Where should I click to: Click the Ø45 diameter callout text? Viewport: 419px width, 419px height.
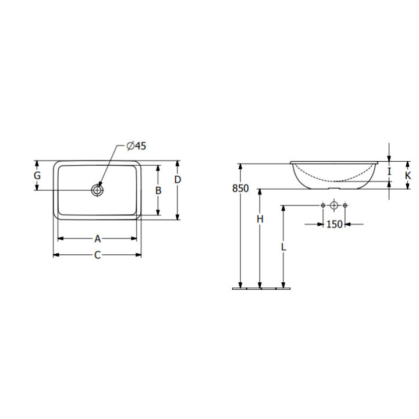[x=136, y=146]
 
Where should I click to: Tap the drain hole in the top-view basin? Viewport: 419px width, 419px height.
[x=97, y=190]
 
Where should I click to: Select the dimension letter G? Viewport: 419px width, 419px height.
[x=37, y=176]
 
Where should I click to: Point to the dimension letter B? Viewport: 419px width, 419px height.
[x=158, y=190]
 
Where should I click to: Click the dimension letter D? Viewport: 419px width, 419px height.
[x=177, y=180]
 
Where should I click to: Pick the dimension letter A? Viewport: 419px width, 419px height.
[x=98, y=239]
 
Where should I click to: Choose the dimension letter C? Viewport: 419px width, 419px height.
[x=97, y=255]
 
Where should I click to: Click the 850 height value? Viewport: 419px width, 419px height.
[x=240, y=189]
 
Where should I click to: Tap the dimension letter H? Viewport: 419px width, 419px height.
[x=260, y=219]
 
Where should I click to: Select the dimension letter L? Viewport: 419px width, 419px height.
[x=283, y=247]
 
